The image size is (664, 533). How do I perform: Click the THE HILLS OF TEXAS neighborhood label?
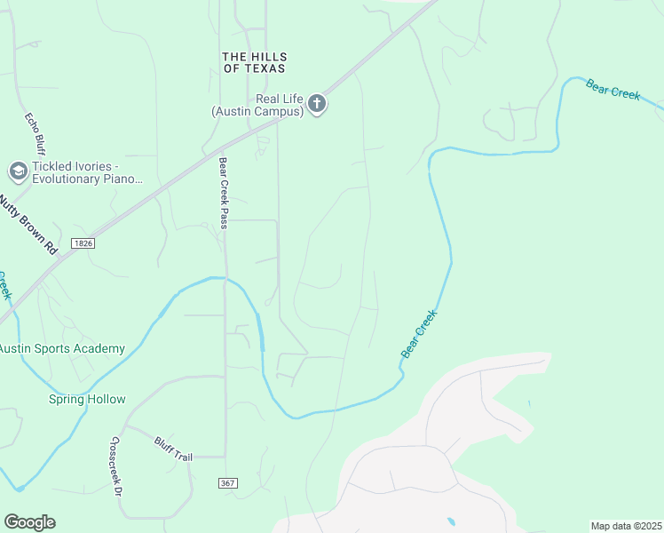click(x=254, y=62)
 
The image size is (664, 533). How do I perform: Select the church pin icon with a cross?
click(x=317, y=106)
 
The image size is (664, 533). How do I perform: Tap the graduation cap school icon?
click(x=17, y=171)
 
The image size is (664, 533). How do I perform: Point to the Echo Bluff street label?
click(x=34, y=133)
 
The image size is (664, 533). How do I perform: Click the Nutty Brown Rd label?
click(x=28, y=225)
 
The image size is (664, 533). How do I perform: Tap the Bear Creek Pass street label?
click(x=224, y=193)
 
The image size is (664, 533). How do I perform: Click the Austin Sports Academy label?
click(x=62, y=349)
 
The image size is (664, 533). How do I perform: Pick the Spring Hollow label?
click(x=87, y=400)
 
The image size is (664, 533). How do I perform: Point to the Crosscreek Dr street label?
click(x=115, y=463)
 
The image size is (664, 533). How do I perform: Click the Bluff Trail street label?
click(x=173, y=449)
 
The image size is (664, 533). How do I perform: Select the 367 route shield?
click(x=228, y=482)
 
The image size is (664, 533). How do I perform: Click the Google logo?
click(x=29, y=521)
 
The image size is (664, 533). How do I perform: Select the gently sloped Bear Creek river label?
click(x=613, y=90)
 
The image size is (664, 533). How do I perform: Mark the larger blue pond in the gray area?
click(x=452, y=521)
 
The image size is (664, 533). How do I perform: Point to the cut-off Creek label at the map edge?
click(x=4, y=286)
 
